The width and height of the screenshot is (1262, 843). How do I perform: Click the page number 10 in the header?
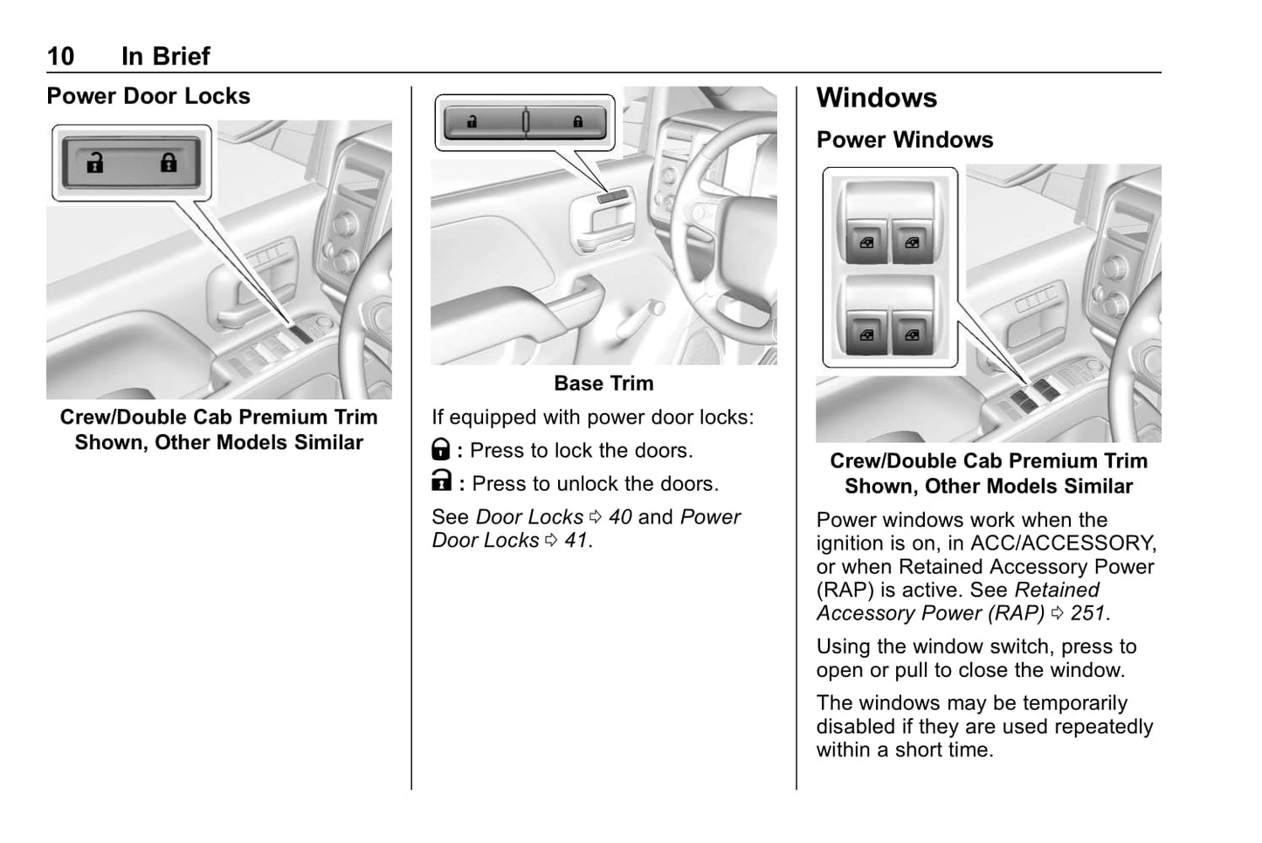click(x=60, y=57)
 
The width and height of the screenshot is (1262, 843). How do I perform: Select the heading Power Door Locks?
click(x=148, y=96)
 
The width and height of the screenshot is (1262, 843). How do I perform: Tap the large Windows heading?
click(x=876, y=98)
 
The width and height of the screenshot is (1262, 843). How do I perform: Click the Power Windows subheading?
click(x=904, y=140)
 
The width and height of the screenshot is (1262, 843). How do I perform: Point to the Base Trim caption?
click(x=603, y=383)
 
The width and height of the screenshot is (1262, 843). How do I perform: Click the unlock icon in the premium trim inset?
click(x=94, y=162)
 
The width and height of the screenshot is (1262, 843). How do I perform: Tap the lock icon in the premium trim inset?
click(x=169, y=162)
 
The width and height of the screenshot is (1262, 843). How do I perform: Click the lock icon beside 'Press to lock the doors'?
click(x=441, y=450)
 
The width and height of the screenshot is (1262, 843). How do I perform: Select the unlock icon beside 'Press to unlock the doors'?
click(x=442, y=481)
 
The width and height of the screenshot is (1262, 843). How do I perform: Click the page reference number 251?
click(x=1088, y=613)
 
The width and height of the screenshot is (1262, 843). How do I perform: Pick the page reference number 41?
click(x=576, y=541)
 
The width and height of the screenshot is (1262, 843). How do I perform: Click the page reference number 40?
click(x=620, y=517)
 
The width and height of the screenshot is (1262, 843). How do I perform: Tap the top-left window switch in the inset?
click(x=865, y=242)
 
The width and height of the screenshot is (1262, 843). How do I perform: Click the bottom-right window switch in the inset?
click(x=912, y=334)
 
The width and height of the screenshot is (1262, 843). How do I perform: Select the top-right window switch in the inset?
click(x=912, y=242)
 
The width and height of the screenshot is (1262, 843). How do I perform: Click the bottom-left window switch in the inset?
click(x=865, y=334)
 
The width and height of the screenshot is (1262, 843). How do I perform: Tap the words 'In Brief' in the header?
click(x=166, y=57)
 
